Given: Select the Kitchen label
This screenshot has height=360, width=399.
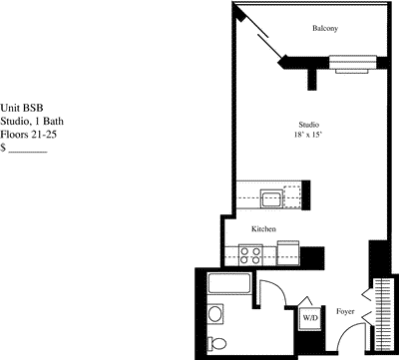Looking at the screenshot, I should (x=263, y=229).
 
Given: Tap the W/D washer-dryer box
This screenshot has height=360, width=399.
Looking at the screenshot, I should (x=309, y=318).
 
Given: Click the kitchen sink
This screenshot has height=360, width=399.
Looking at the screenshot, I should (x=270, y=196).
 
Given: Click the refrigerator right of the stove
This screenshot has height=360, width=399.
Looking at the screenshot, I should (x=288, y=254).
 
